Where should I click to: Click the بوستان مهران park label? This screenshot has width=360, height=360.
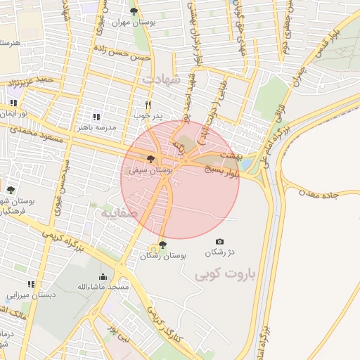click(133, 22)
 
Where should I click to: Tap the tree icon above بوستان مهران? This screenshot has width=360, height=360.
click(134, 11)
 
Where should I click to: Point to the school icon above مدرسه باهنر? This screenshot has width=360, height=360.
click(96, 116)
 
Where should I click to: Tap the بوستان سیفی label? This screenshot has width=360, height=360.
click(152, 170)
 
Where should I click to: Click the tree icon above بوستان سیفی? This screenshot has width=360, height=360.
click(150, 160)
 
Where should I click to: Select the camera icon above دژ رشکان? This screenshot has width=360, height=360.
click(219, 242)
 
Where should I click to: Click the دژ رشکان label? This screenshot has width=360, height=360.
click(219, 252)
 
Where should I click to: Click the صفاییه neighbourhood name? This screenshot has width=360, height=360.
click(115, 212)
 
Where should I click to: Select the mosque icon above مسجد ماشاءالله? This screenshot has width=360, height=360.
click(103, 276)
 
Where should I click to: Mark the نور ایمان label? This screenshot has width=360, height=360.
click(13, 113)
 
